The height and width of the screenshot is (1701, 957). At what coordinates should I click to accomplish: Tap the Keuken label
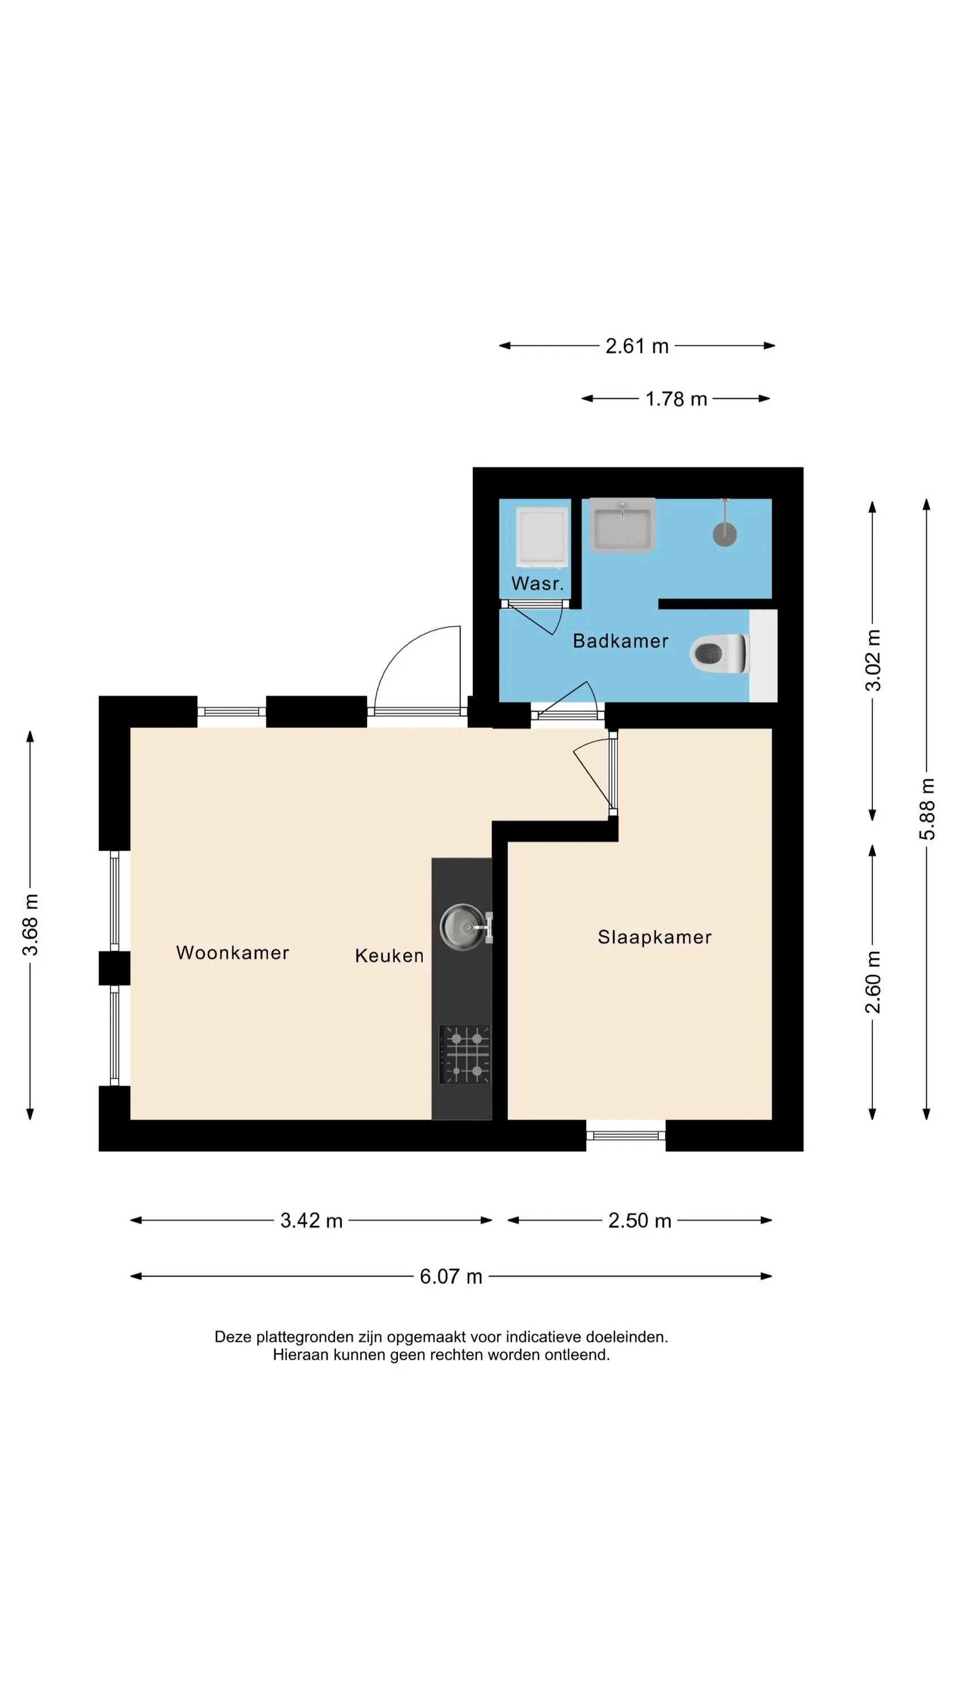click(x=389, y=955)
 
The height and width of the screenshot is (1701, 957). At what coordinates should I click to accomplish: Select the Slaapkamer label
click(x=654, y=937)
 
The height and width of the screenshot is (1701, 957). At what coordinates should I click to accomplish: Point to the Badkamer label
click(x=620, y=641)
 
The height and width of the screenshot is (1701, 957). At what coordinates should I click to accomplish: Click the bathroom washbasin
click(x=622, y=525)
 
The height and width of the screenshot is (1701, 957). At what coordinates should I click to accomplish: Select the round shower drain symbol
click(x=725, y=534)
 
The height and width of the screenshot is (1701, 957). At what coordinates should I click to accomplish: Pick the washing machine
click(x=541, y=537)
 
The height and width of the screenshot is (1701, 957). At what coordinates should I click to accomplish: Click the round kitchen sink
click(x=464, y=927)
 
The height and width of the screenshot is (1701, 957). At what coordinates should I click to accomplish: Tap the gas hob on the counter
click(x=465, y=1055)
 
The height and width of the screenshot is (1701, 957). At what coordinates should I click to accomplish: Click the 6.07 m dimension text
click(x=451, y=1276)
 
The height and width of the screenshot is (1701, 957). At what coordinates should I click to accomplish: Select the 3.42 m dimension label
click(x=311, y=1220)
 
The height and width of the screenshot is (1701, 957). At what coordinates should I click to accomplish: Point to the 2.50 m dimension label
click(x=640, y=1220)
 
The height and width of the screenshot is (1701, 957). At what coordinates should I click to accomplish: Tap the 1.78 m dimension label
click(x=676, y=399)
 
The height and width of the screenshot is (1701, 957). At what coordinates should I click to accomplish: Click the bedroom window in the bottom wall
click(x=625, y=1136)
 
